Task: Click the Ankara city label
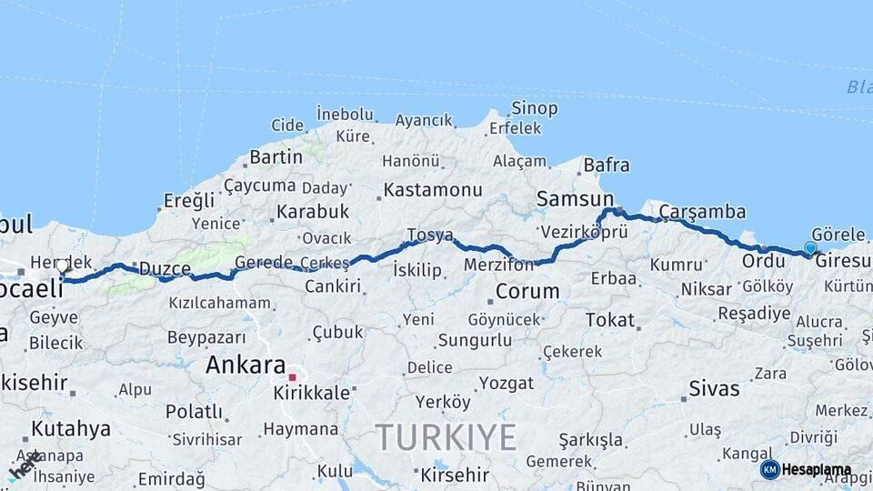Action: point(246,366)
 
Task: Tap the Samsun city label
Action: point(575,198)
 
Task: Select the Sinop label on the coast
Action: point(534,108)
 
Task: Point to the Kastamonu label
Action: point(432,190)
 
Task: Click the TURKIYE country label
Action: point(447,437)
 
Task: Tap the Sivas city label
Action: point(714,388)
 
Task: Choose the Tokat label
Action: point(609,319)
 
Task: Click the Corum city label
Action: point(527,292)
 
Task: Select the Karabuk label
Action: point(313,211)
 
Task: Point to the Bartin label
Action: point(276,156)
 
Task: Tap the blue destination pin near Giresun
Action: point(810,247)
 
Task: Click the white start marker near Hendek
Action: point(62,266)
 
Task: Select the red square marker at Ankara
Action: point(292,376)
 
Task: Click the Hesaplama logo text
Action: point(817,470)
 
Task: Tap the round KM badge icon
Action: point(769,469)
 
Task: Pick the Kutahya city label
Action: point(71,428)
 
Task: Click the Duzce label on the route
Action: point(164,269)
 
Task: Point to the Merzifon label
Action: point(498,264)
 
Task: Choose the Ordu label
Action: point(763,261)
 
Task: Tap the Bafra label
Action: point(606,165)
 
